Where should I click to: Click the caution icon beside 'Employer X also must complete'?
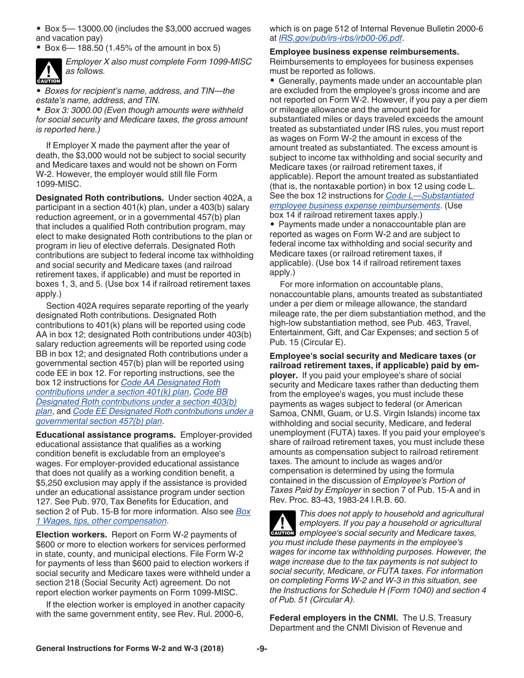[49, 71]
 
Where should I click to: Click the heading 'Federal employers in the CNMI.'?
[333, 618]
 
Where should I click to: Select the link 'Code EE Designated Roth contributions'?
[163, 411]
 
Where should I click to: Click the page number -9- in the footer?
[261, 649]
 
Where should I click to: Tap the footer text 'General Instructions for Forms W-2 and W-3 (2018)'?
[130, 649]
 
